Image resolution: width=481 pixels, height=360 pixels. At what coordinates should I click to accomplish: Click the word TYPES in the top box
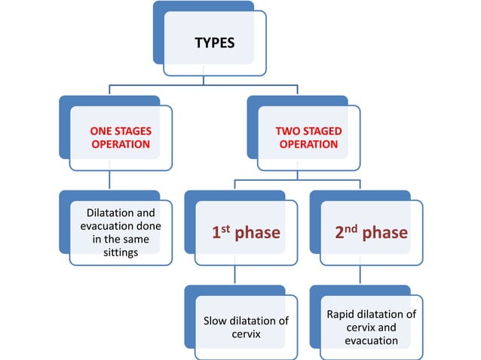pos(214,42)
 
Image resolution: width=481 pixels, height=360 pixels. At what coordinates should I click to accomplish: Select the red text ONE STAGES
pos(121,131)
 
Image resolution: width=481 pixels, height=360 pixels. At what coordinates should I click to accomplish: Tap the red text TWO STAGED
pos(309,131)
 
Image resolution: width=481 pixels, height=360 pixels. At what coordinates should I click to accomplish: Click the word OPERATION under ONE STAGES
pos(121,144)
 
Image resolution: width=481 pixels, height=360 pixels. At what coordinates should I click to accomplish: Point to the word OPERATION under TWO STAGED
pos(309,144)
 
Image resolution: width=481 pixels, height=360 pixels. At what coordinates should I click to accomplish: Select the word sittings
pos(121,253)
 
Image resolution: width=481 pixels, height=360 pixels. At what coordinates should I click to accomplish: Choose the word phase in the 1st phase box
pos(257,233)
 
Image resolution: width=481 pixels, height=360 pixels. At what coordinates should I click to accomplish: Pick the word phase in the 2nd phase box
pos(384,233)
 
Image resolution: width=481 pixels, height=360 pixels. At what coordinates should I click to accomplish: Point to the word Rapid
pos(342,313)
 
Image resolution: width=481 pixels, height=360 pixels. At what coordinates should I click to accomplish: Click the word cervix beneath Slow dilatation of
pos(246,334)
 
